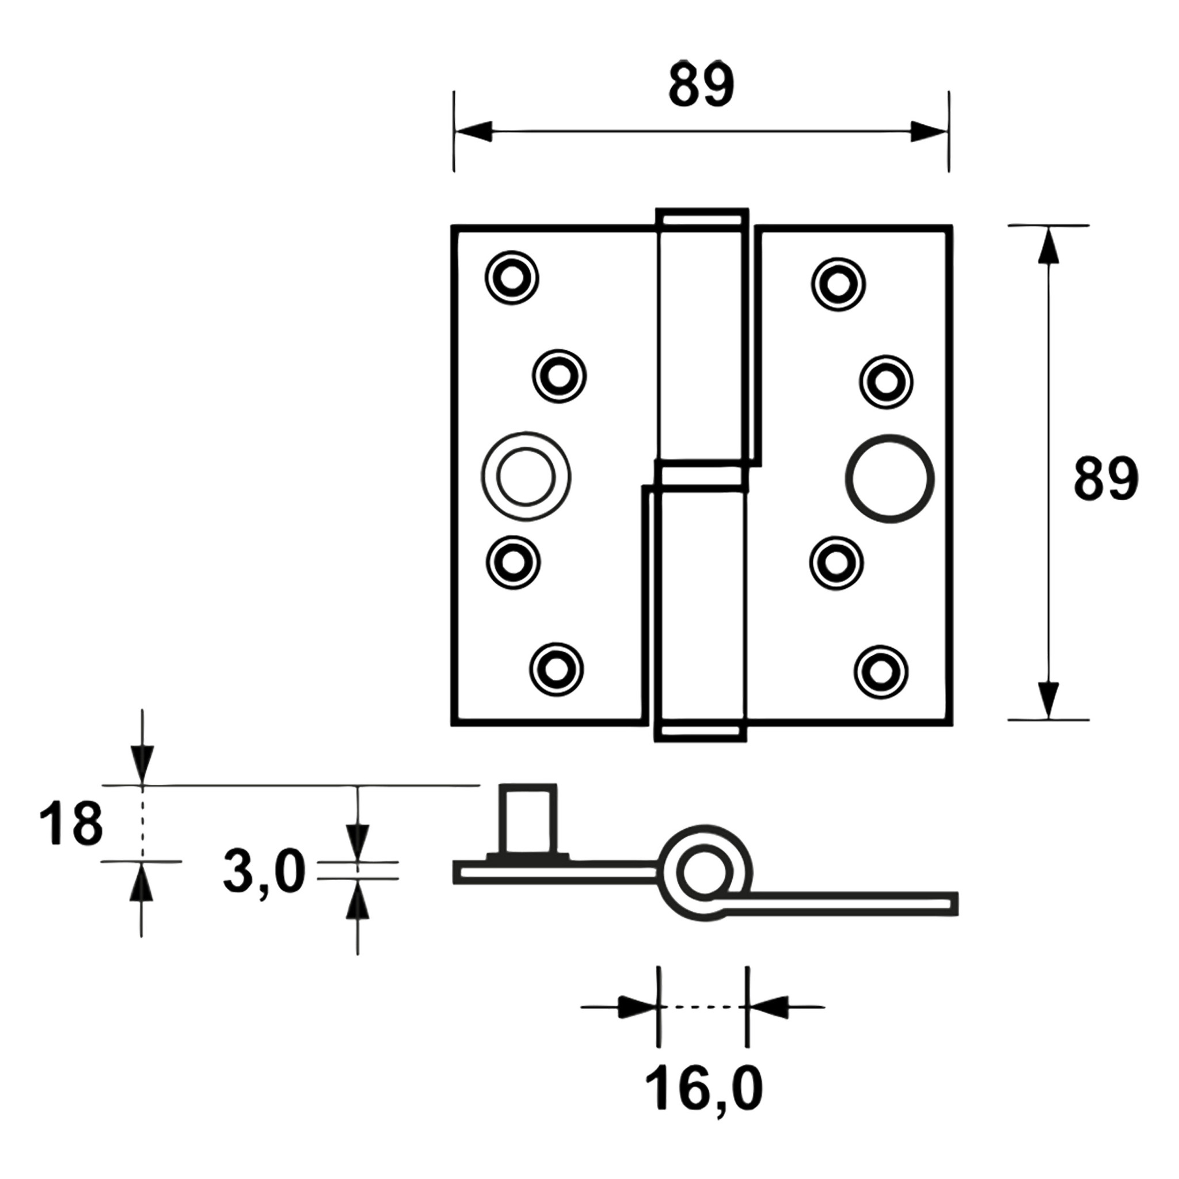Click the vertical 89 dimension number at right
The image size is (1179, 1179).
pos(1105,479)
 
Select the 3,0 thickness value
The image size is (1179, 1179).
pos(264,873)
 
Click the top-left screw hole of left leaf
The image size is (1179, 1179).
pos(511,277)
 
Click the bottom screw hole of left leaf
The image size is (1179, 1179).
pos(556,670)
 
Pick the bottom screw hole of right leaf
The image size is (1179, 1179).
pos(881,671)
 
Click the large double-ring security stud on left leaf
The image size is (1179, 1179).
pos(526,477)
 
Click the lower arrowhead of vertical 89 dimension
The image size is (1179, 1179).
pos(1048,700)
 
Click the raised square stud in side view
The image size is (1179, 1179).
pos(528,820)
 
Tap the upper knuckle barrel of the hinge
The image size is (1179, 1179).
pos(702,342)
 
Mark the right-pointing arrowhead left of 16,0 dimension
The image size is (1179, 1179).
pos(634,1007)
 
